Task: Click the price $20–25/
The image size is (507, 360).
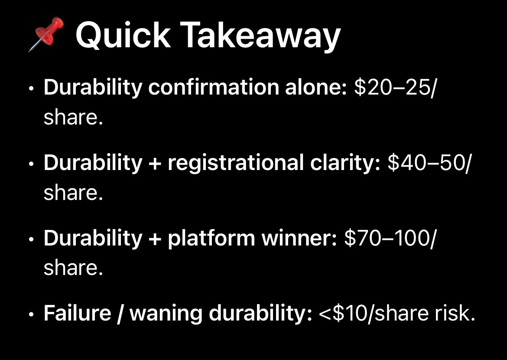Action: (393, 87)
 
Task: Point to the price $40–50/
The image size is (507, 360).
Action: (428, 163)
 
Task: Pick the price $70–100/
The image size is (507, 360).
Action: (389, 238)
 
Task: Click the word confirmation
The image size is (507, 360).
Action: (213, 87)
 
